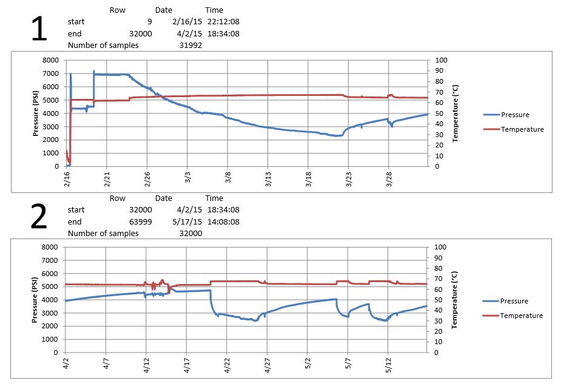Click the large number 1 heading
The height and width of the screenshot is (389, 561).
[39, 30]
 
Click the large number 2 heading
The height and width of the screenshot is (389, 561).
[39, 218]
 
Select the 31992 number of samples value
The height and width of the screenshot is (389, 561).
[190, 45]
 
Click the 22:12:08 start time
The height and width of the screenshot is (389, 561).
[223, 22]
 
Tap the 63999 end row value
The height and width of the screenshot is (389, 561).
[139, 222]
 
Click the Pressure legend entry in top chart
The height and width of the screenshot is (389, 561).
[514, 115]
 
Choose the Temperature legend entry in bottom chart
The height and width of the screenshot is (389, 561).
[522, 316]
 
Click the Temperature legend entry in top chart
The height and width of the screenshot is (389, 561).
[522, 129]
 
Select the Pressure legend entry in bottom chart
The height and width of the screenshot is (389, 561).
[514, 301]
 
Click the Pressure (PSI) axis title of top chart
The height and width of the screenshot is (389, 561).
[36, 113]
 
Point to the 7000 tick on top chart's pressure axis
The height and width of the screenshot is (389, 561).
[51, 73]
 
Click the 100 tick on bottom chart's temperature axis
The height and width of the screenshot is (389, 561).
[441, 247]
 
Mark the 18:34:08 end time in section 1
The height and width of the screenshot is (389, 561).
[223, 33]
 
